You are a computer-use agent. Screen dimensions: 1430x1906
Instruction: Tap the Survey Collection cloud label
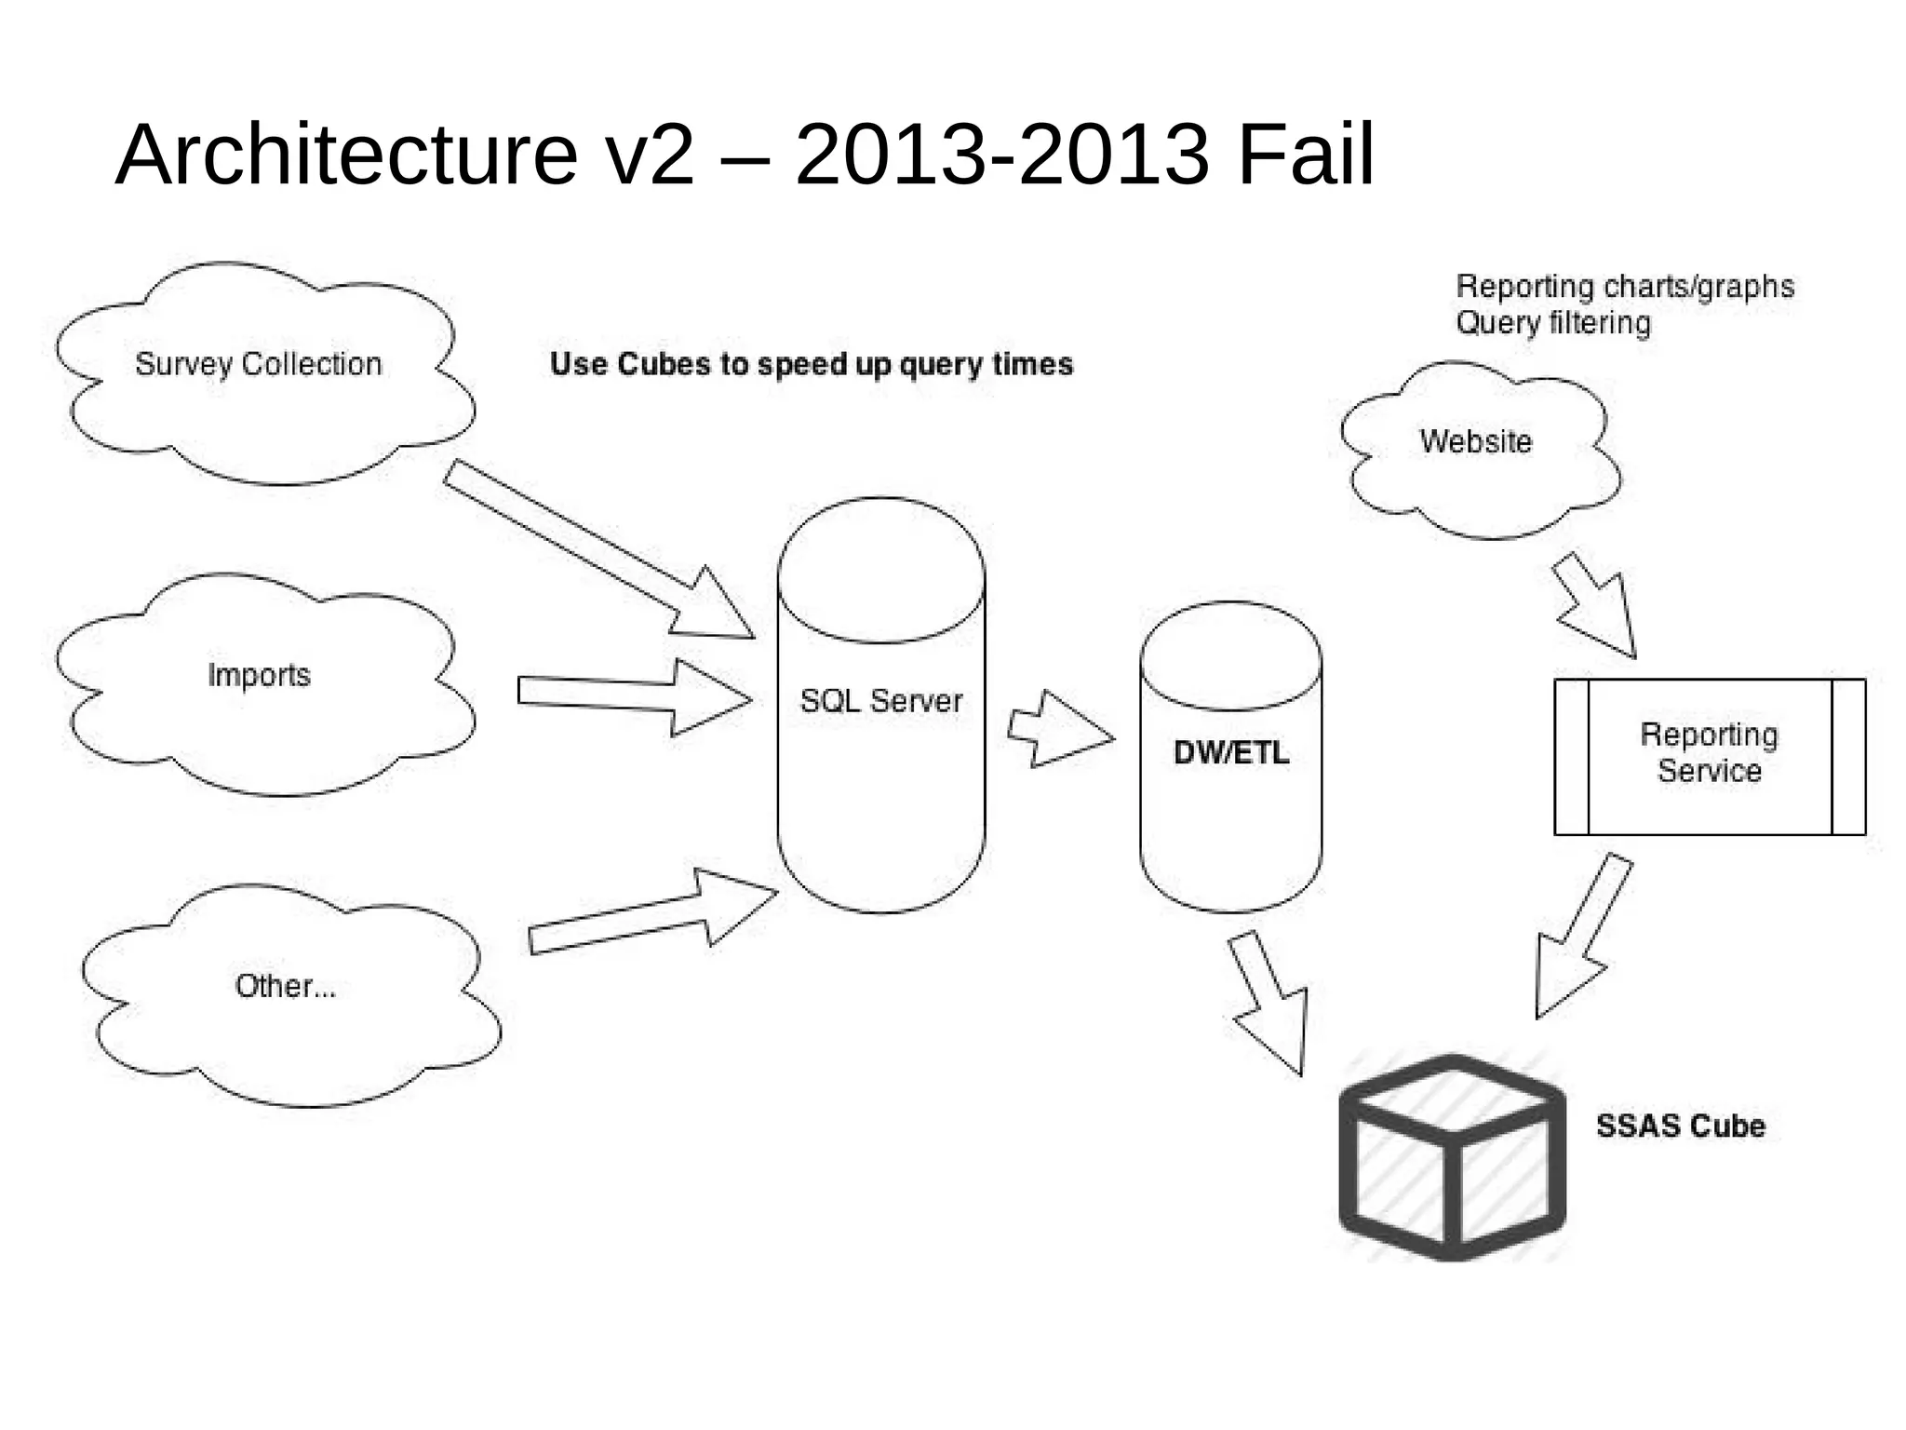(259, 364)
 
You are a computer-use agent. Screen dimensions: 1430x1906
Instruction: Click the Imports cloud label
(259, 675)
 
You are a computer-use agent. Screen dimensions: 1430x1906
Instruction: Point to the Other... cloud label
(285, 986)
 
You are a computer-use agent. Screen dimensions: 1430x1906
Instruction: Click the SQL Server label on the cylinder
(881, 700)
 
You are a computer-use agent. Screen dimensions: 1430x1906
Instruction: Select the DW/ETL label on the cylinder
(1231, 752)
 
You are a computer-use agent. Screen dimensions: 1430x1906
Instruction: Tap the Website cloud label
(1475, 441)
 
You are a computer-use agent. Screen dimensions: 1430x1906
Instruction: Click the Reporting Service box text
(1709, 753)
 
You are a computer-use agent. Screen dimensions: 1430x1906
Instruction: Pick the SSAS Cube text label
(1681, 1126)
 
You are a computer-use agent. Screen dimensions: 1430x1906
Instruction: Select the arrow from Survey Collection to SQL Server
(596, 550)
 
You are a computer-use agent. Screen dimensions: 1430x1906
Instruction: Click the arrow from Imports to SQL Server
(633, 696)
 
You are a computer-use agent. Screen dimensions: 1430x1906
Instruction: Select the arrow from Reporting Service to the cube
(1581, 940)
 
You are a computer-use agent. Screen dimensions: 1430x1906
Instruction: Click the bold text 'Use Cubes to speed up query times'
(812, 364)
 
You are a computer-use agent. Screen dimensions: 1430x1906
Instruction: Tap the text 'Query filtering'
(1553, 323)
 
